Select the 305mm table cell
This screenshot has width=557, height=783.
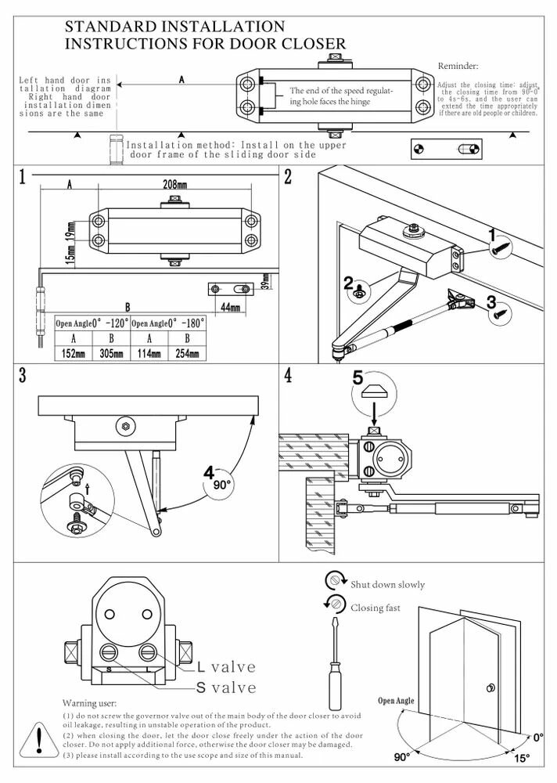point(110,353)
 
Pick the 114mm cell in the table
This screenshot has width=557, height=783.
point(149,353)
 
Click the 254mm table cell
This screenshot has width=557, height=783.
point(187,353)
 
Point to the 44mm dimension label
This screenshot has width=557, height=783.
point(229,307)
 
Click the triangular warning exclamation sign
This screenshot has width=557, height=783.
point(38,740)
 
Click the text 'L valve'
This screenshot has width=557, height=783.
point(226,667)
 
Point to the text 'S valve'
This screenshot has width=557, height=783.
point(226,687)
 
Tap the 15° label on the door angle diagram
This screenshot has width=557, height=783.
point(522,758)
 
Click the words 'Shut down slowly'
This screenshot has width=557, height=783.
point(387,584)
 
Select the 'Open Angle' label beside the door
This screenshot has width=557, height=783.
point(397,701)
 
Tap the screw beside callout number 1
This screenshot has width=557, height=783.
point(499,249)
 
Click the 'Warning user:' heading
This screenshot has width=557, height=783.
point(88,704)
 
